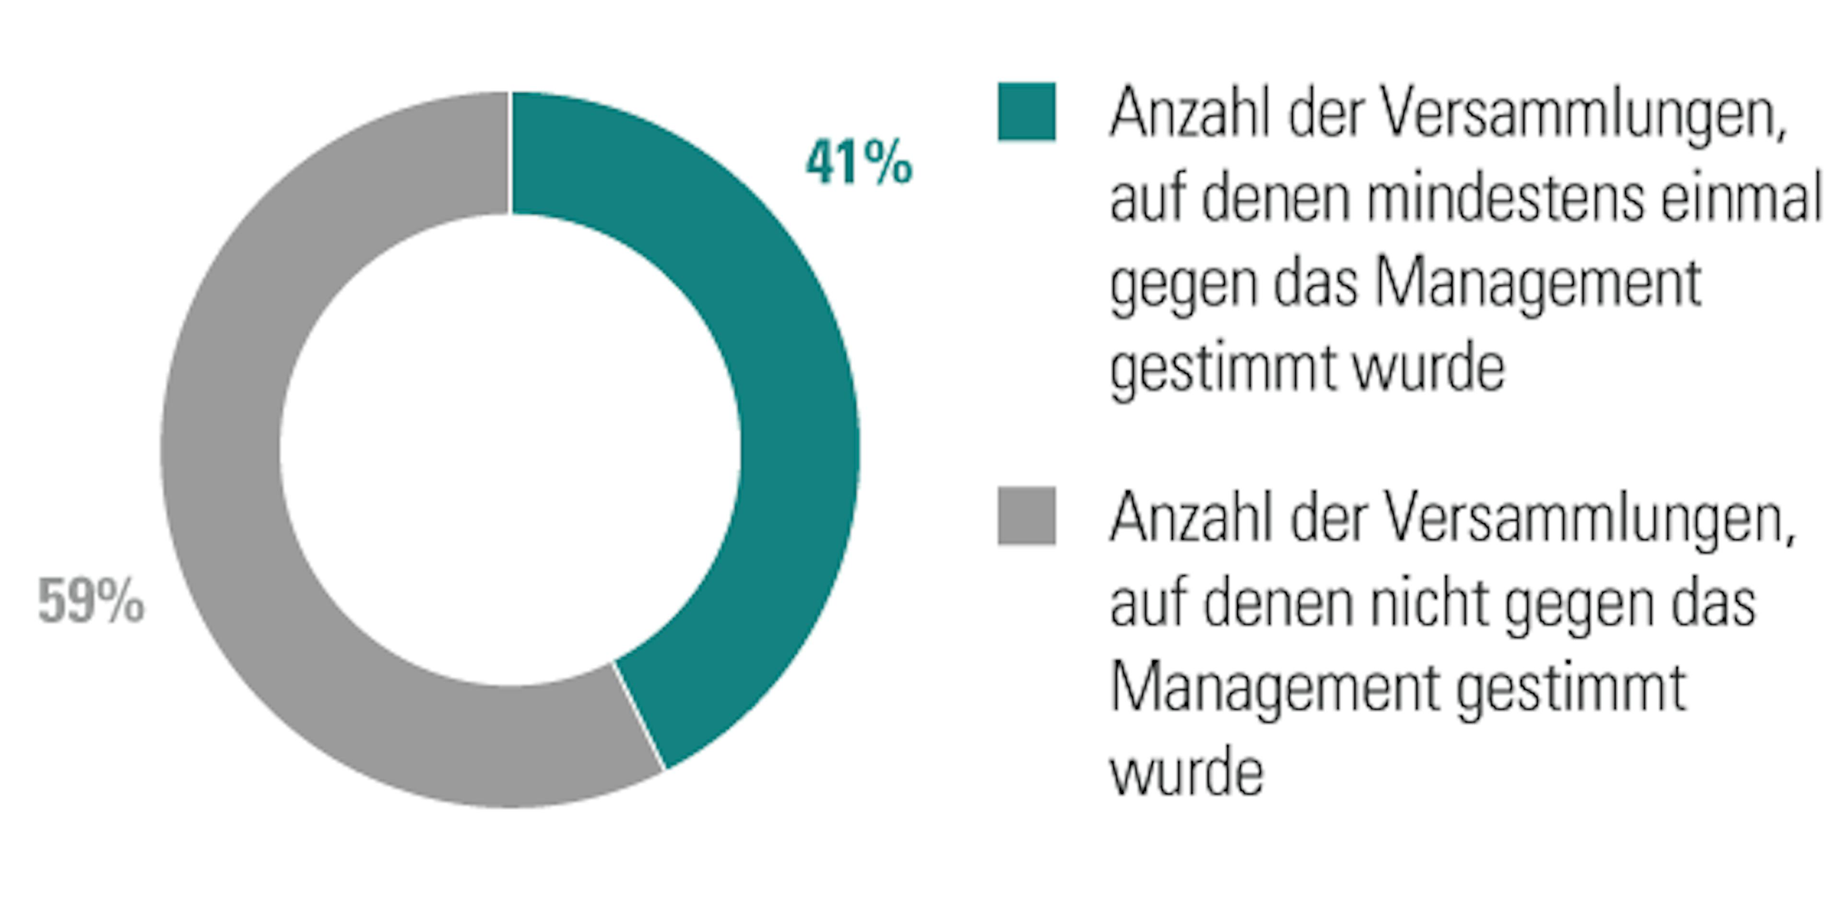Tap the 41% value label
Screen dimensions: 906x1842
[x=859, y=163]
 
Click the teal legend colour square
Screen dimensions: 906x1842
[x=1026, y=112]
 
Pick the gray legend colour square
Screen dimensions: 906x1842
[x=1026, y=516]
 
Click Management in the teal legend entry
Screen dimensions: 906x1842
[x=1537, y=284]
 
